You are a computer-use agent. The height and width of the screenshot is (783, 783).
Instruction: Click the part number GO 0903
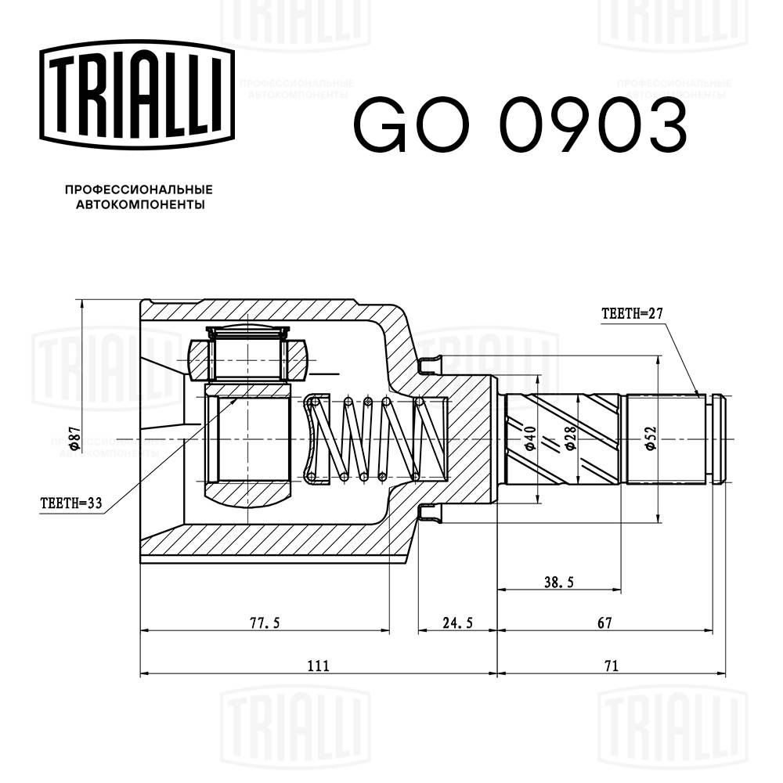pos(520,126)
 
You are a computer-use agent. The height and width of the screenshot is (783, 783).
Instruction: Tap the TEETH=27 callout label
pos(632,314)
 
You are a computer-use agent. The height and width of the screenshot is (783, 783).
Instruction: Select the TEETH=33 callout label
pos(71,503)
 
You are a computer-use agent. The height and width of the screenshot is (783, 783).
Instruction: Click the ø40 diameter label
pos(530,438)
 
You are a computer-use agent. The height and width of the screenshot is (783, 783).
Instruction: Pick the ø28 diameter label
pos(572,438)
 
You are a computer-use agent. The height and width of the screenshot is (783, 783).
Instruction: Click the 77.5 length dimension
pos(265,623)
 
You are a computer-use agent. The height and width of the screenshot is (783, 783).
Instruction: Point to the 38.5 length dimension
pos(559,583)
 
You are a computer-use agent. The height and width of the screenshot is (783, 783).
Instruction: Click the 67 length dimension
pos(604,623)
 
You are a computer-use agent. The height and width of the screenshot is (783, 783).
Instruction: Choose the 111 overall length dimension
pos(317,666)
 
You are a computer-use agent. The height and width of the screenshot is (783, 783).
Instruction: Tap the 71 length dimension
pos(612,666)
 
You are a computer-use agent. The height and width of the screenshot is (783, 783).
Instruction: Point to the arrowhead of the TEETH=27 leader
pos(698,395)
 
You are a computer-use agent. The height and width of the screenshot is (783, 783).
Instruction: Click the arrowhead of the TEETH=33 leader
pos(236,399)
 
